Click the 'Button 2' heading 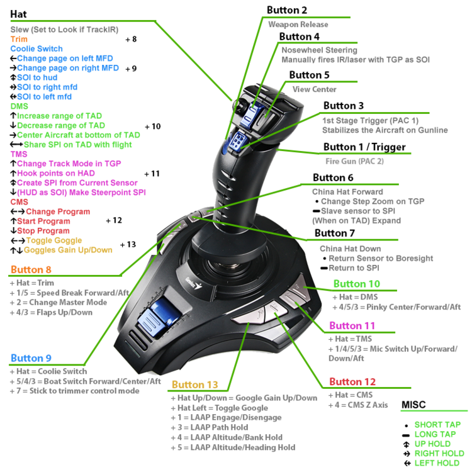[x=287, y=10]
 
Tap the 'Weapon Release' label [x=298, y=25]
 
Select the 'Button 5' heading [x=309, y=75]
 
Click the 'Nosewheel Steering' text [x=319, y=50]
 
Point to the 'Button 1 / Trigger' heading [x=364, y=147]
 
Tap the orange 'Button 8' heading [x=31, y=270]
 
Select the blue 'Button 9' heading [x=31, y=358]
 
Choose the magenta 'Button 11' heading [x=352, y=325]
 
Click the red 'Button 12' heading [x=352, y=381]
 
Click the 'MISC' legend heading [x=413, y=406]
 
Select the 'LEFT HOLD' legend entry [x=436, y=463]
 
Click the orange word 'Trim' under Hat [x=19, y=39]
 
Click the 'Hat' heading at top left [x=18, y=13]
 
